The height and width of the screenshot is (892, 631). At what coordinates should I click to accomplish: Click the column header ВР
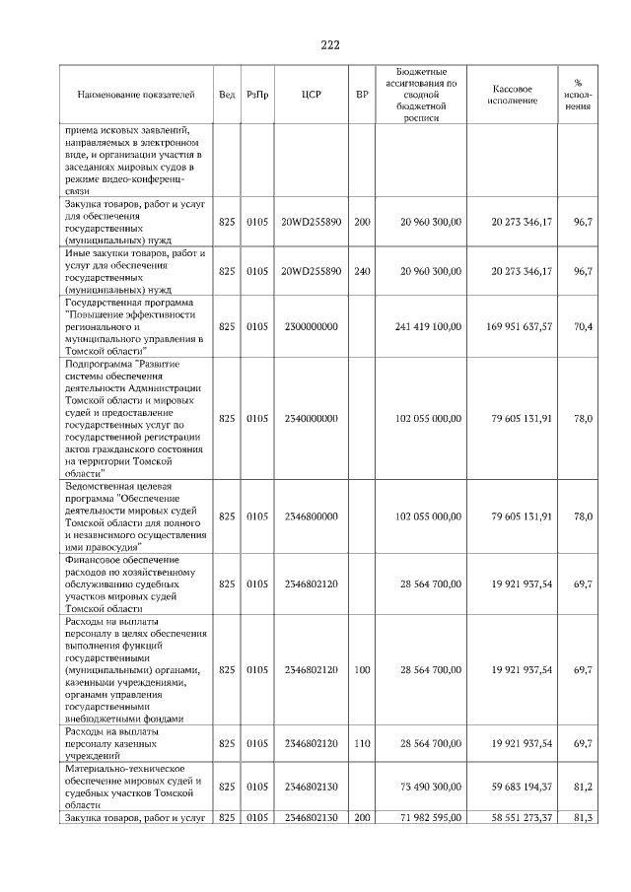pyautogui.click(x=362, y=95)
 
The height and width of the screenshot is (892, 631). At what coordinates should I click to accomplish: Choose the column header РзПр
pyautogui.click(x=257, y=95)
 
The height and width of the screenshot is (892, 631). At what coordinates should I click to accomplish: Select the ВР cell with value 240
pyautogui.click(x=362, y=270)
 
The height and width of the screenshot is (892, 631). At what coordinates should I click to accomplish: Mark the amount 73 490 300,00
pyautogui.click(x=428, y=787)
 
